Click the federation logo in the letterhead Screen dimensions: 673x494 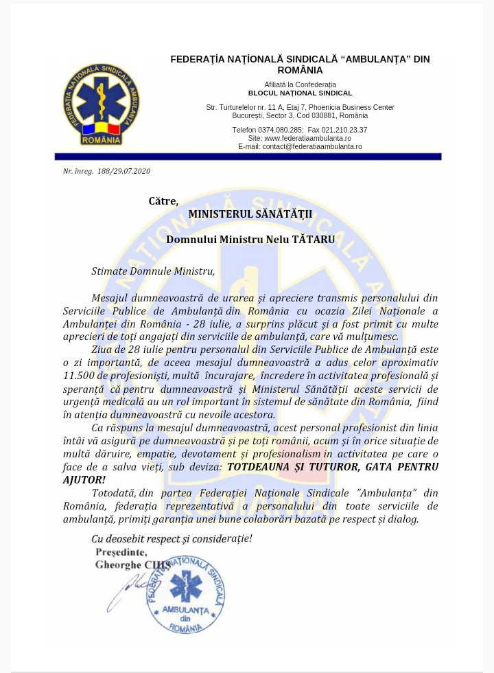point(101,106)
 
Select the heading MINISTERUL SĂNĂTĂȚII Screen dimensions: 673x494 point(250,214)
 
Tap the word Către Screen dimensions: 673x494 point(163,201)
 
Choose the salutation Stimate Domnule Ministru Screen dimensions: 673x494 point(153,271)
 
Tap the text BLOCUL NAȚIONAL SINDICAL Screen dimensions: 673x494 point(300,93)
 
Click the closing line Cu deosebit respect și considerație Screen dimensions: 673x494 point(172,538)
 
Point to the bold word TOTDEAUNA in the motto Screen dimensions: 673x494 point(261,466)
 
